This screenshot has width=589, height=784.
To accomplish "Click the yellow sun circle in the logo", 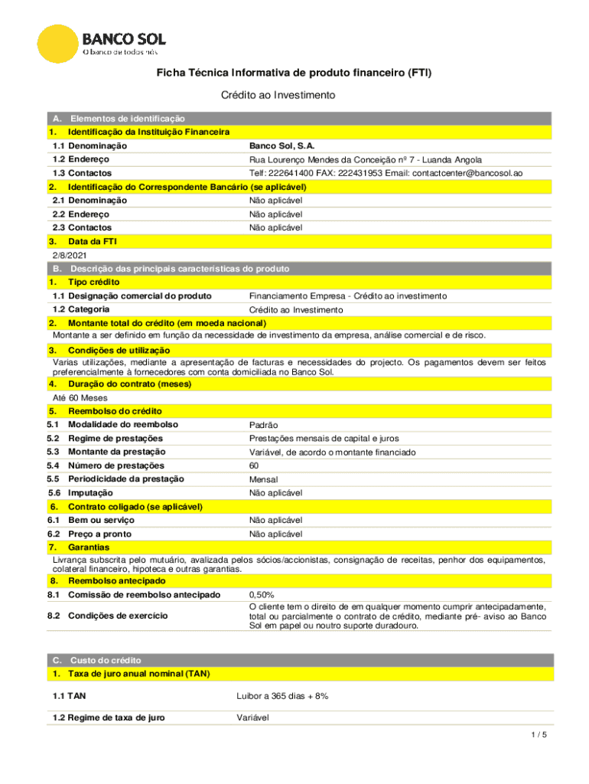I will pos(56,44).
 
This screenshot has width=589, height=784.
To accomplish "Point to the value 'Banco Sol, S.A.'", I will pos(281,145).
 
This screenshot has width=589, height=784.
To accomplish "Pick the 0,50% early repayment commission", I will pos(262,594).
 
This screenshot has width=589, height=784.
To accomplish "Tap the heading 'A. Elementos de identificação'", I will pos(119,119).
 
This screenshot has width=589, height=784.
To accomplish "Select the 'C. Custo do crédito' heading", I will pos(96,660).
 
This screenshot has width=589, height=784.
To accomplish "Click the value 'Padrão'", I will pos(264,425).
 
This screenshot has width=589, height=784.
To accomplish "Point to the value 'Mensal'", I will pos(264,479).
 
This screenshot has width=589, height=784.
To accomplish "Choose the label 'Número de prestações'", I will pos(116,465).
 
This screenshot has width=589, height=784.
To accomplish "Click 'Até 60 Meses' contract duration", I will pos(80,398).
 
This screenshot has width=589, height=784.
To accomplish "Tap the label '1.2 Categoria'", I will pos(80,309).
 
